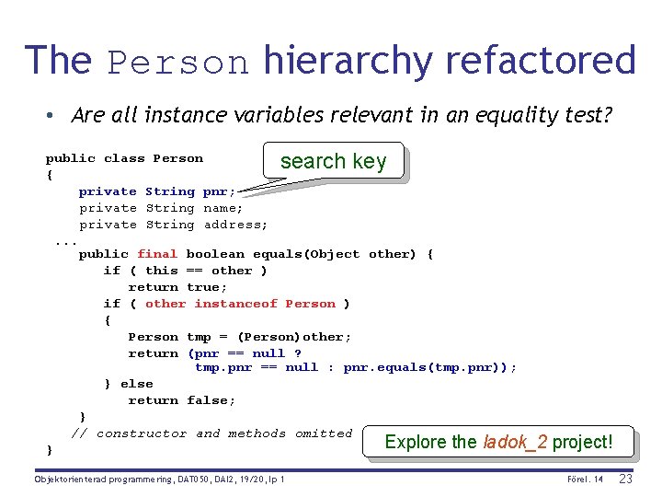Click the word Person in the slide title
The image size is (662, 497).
pyautogui.click(x=178, y=62)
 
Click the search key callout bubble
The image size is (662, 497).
pyautogui.click(x=333, y=161)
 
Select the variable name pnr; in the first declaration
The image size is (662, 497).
pyautogui.click(x=219, y=191)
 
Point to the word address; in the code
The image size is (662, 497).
pyautogui.click(x=235, y=225)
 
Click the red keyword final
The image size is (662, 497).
pyautogui.click(x=157, y=254)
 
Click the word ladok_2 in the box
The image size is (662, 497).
pyautogui.click(x=515, y=442)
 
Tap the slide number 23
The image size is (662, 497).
pyautogui.click(x=626, y=479)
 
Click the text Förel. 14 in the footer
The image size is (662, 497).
pyautogui.click(x=585, y=480)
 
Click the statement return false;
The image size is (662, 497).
pyautogui.click(x=181, y=400)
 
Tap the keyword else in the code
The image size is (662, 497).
pyautogui.click(x=136, y=384)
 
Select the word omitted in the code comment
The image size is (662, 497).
pyautogui.click(x=324, y=433)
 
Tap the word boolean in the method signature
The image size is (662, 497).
pyautogui.click(x=215, y=254)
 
